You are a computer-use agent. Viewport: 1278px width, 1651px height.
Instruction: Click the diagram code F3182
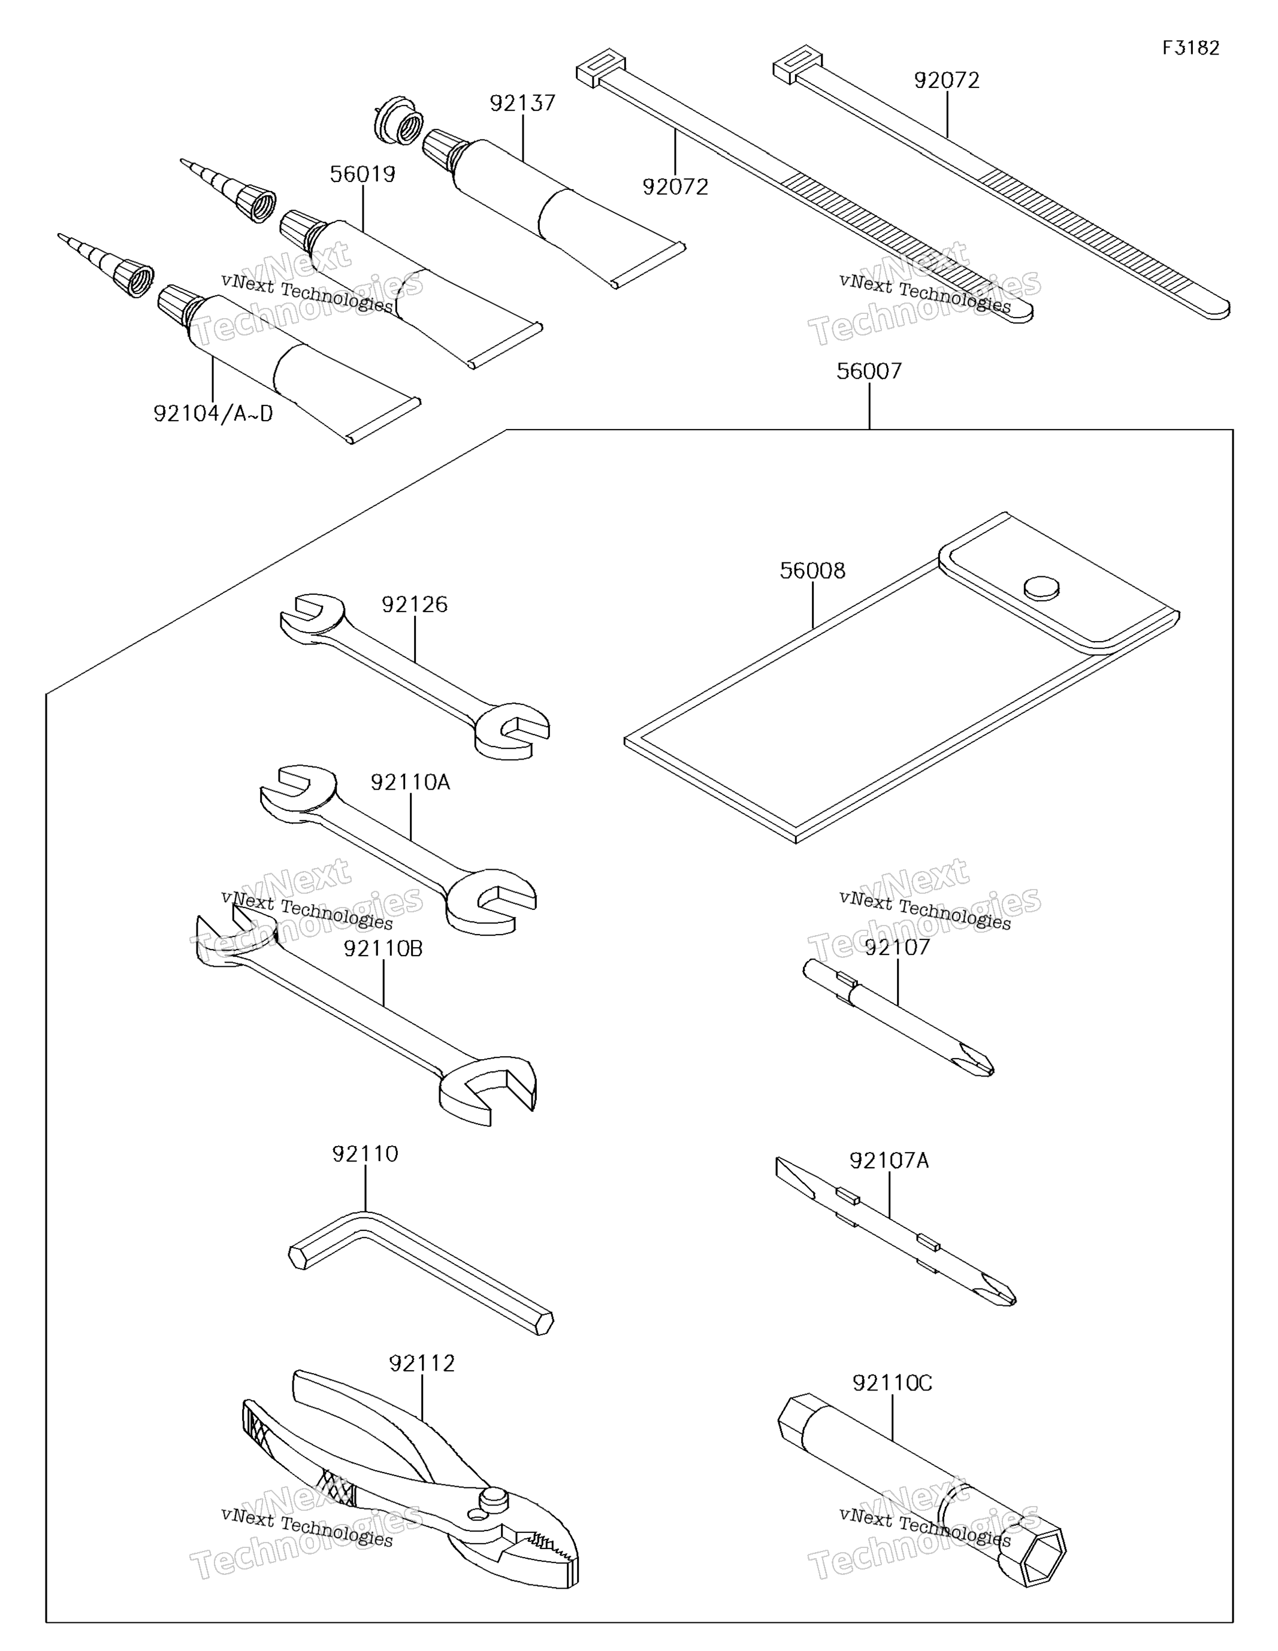click(x=1191, y=49)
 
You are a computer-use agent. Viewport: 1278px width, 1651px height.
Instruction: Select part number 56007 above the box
click(x=869, y=371)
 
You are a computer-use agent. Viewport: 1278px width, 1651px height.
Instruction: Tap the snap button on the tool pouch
click(x=1041, y=587)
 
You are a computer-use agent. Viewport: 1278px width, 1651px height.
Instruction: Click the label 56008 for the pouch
click(x=812, y=571)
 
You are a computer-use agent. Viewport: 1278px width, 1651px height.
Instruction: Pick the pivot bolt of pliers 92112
click(x=494, y=1498)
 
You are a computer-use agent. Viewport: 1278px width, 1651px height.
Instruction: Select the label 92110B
click(x=383, y=949)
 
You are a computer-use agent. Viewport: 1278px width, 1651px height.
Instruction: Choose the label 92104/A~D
click(x=213, y=413)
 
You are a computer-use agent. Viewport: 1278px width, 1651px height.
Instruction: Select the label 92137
click(x=522, y=104)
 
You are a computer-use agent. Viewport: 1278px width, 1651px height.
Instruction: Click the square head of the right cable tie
click(x=797, y=62)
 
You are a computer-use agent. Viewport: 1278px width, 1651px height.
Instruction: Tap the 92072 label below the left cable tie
click(x=675, y=187)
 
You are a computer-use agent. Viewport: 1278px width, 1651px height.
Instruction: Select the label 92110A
click(x=410, y=782)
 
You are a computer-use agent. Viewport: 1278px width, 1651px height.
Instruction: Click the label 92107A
click(x=889, y=1160)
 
